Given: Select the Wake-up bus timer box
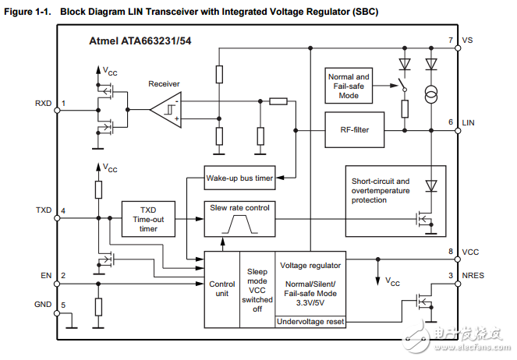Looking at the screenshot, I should pos(239,178).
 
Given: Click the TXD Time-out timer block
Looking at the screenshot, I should pos(148,218).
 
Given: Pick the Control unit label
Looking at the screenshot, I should pos(222,289).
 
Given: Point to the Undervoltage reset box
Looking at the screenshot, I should pos(310,321).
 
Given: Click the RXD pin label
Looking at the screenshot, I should pos(44,103).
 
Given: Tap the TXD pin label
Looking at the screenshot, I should pos(44,210).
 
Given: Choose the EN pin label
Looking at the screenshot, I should pos(46,275).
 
